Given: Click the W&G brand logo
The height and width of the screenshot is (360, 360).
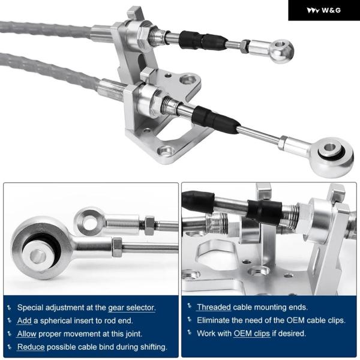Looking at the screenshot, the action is point(323,10).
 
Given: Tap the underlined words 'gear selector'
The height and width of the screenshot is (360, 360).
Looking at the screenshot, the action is point(132,308).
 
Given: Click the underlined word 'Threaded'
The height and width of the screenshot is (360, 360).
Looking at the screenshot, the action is point(214,307).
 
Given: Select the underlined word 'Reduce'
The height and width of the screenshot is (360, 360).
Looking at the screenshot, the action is point(31,347).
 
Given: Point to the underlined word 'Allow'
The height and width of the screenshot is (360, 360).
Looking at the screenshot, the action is point(26,334).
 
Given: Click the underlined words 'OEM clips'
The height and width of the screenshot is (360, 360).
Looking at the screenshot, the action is point(251,334).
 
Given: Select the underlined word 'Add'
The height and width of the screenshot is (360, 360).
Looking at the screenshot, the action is point(25,321).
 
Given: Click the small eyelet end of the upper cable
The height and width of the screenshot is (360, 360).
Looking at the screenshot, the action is point(281,51).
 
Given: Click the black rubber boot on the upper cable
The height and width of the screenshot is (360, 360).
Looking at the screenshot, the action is point(202,41).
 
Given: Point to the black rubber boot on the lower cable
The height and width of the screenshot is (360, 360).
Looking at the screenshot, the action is point(215,119).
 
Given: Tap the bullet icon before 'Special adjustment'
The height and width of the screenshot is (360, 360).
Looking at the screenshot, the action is point(9,308).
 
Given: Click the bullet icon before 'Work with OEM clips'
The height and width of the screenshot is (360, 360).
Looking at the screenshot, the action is point(190,332).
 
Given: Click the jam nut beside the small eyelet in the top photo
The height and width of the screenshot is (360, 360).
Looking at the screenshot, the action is point(245,46).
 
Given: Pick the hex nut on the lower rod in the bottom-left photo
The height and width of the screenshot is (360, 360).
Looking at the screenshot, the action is point(117,247).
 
